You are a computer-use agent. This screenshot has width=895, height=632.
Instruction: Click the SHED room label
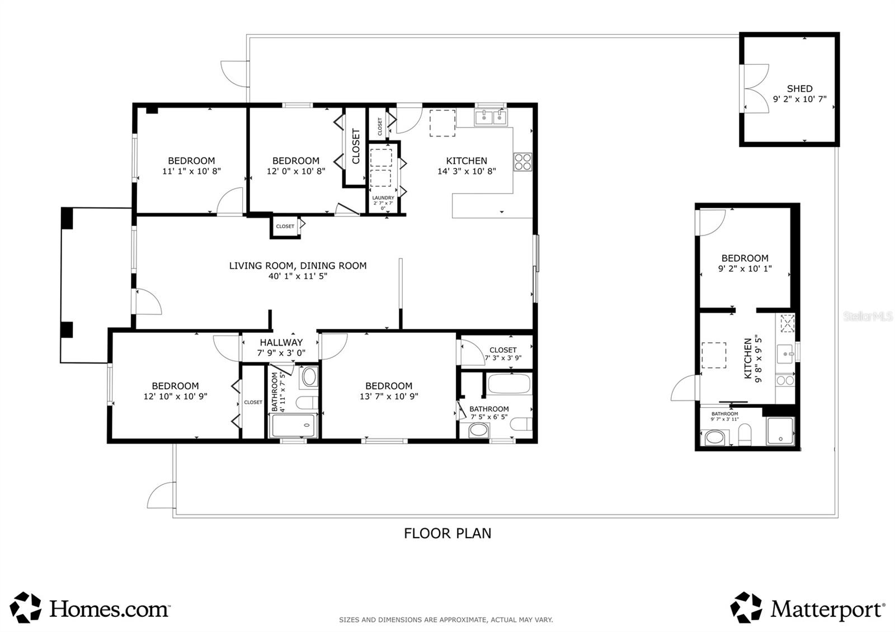tap(799, 88)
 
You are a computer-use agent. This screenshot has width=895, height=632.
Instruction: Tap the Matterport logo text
tap(827, 609)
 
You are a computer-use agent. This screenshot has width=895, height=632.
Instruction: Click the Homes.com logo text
tap(109, 609)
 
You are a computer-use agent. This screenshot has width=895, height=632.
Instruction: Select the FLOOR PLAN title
tap(447, 533)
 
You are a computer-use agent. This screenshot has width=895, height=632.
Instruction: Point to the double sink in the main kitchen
tap(491, 118)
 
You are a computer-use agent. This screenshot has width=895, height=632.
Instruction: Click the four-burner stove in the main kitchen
tap(523, 162)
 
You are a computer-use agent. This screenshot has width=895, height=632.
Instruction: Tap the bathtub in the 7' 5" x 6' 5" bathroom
tap(508, 385)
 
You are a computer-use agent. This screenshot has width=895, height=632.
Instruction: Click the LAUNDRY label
tap(383, 198)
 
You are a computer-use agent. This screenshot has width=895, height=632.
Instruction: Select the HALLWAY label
tap(281, 342)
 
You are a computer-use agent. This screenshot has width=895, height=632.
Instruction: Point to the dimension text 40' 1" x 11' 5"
tap(298, 276)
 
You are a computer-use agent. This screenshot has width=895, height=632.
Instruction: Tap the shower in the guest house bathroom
tap(780, 431)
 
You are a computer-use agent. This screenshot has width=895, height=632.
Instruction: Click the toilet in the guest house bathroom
tap(745, 435)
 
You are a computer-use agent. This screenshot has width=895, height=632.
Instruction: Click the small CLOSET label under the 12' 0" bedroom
tap(285, 227)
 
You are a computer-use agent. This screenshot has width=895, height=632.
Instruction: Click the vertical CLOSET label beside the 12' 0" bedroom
tap(356, 147)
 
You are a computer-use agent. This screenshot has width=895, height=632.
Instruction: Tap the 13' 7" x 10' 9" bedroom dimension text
tap(389, 396)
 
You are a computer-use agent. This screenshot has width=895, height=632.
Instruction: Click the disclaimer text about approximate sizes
tap(446, 620)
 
